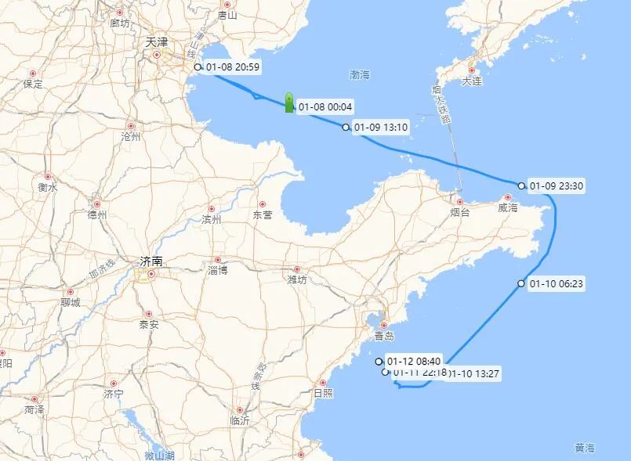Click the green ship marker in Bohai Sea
coord(289,103)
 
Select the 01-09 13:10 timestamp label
coord(381,127)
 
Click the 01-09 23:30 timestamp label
coord(557,186)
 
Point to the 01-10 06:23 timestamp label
coord(557,283)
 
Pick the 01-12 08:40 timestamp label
coord(414,362)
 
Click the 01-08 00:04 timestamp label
coord(325,106)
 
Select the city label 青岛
coord(384,336)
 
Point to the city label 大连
coord(471,81)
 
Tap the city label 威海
coord(507,208)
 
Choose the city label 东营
coord(263,214)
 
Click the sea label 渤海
coord(360,75)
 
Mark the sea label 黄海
coord(584,448)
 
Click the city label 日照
coord(322,392)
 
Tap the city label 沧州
coord(130,136)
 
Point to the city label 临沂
coord(240,420)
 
